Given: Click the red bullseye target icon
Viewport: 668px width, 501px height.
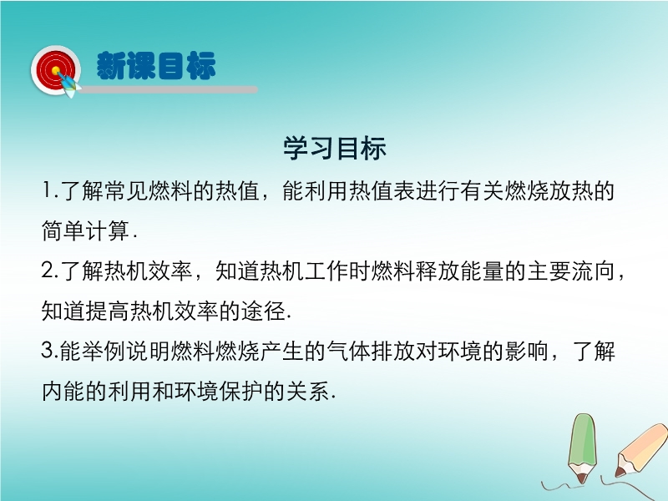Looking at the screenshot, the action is (x=55, y=70).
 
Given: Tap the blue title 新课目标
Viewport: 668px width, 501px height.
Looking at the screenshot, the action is (x=156, y=66).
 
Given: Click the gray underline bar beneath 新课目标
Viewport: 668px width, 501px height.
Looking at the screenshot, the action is (x=169, y=89).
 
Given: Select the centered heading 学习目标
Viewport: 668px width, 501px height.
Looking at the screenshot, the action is (x=335, y=149).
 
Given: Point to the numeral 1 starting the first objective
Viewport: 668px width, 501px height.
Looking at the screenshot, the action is (x=47, y=190).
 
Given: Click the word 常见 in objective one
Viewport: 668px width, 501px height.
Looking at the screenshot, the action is (x=127, y=190).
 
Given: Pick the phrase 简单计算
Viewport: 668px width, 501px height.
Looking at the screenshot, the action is (x=86, y=230).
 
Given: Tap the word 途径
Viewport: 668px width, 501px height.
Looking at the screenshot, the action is (x=263, y=311).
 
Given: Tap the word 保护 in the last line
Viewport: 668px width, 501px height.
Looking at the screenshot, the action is (x=241, y=391).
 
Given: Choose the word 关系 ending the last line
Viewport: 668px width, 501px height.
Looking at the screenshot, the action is (x=308, y=391).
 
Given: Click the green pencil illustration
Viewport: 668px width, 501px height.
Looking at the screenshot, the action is (x=582, y=448).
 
